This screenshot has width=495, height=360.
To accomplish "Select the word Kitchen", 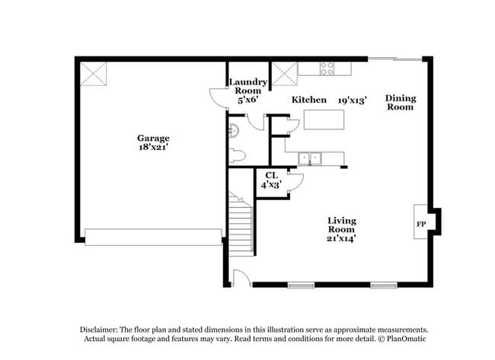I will [309, 100].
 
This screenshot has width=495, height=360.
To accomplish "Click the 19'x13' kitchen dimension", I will [353, 100].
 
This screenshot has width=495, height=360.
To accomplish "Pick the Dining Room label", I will [400, 102].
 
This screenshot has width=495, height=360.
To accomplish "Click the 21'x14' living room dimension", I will [342, 238].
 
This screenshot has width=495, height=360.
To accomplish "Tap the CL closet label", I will [271, 175].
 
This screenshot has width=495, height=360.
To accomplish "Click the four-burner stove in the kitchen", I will [327, 67].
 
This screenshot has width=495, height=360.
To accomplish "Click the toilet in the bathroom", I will [237, 156].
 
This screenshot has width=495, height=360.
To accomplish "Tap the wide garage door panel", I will [153, 237].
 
